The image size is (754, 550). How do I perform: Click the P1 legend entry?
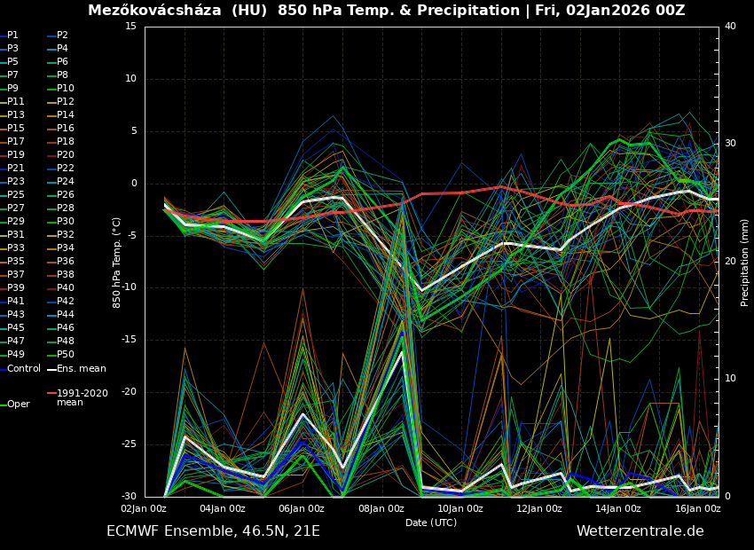click(12, 35)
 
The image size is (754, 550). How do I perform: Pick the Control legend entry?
click(24, 368)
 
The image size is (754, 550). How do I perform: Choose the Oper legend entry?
click(18, 404)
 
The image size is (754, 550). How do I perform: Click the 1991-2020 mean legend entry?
click(82, 397)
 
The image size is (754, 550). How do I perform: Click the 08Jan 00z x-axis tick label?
click(381, 508)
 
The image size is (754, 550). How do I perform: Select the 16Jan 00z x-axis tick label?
click(697, 508)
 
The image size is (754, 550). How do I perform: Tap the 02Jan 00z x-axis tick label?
click(144, 508)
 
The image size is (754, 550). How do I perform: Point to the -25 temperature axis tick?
click(129, 444)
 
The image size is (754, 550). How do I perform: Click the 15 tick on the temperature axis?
click(130, 27)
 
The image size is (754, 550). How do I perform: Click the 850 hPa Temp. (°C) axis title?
click(117, 262)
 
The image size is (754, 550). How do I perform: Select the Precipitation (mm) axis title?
click(745, 262)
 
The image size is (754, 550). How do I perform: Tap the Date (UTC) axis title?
click(431, 522)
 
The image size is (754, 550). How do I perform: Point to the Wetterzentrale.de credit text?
click(640, 531)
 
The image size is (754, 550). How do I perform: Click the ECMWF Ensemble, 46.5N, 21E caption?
click(213, 531)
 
